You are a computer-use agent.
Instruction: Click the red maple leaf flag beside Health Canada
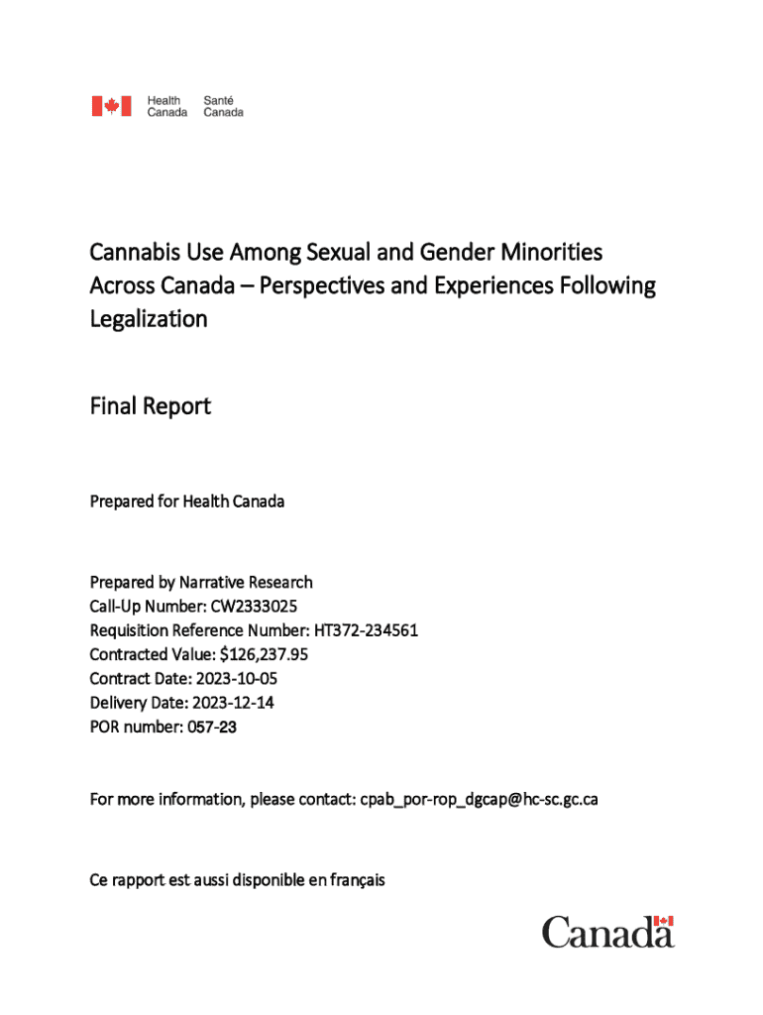pyautogui.click(x=111, y=106)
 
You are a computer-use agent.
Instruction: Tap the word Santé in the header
pyautogui.click(x=219, y=100)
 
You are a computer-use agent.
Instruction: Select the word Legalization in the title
pyautogui.click(x=149, y=319)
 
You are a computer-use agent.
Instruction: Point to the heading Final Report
pyautogui.click(x=150, y=406)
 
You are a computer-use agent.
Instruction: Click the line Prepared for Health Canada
pyautogui.click(x=187, y=502)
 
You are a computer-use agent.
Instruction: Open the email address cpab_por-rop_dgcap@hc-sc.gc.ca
pyautogui.click(x=479, y=800)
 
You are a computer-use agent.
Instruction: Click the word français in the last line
pyautogui.click(x=354, y=880)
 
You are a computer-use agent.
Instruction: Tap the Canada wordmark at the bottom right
pyautogui.click(x=606, y=933)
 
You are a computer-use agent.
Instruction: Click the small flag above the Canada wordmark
pyautogui.click(x=664, y=922)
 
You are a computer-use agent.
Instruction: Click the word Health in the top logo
pyautogui.click(x=163, y=100)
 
